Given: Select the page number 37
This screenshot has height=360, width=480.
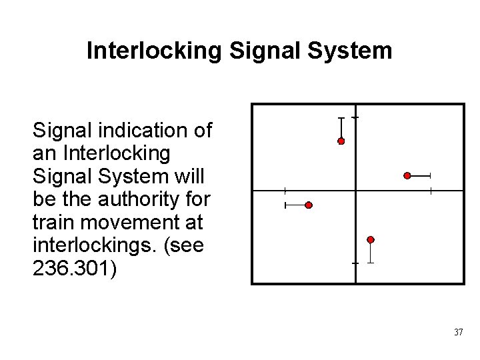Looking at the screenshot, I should [x=457, y=331].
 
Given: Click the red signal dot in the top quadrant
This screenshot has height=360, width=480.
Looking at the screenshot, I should [x=341, y=141].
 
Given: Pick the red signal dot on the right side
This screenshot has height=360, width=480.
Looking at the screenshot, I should [x=407, y=175].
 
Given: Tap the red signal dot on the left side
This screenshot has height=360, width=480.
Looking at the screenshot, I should [x=309, y=205].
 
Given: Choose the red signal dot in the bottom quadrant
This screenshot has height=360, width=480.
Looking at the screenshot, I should [x=371, y=239].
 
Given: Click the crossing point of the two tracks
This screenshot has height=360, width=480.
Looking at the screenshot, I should [x=356, y=191].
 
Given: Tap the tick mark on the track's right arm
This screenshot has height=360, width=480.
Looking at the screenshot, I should [x=431, y=191].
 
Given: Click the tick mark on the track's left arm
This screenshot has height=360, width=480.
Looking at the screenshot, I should [x=284, y=191].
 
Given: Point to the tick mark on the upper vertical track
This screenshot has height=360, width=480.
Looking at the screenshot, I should [x=356, y=117].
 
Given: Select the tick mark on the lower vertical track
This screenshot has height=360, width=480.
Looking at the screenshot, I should [x=356, y=264].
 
